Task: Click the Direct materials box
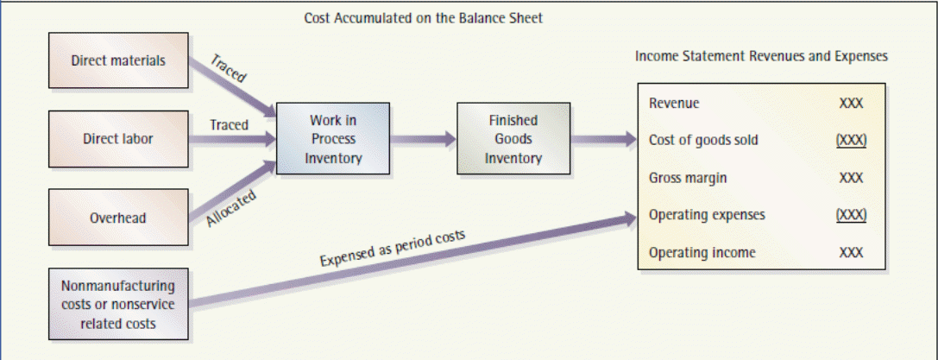pos(118,61)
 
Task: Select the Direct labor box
pos(118,138)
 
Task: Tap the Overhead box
pos(118,218)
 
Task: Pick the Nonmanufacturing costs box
pos(118,304)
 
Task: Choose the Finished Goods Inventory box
pos(513,139)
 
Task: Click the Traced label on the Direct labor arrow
pos(229,125)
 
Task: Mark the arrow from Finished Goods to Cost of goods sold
pos(601,139)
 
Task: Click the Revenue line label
pos(674,104)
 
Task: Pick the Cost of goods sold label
pos(703,140)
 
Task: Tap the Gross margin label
pos(688,178)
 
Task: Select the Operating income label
pos(702,252)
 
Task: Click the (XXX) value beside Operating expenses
pos(851,215)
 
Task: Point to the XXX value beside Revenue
pos(851,104)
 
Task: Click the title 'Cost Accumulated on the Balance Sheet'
pos(423,18)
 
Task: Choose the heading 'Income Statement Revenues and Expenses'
pos(761,56)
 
